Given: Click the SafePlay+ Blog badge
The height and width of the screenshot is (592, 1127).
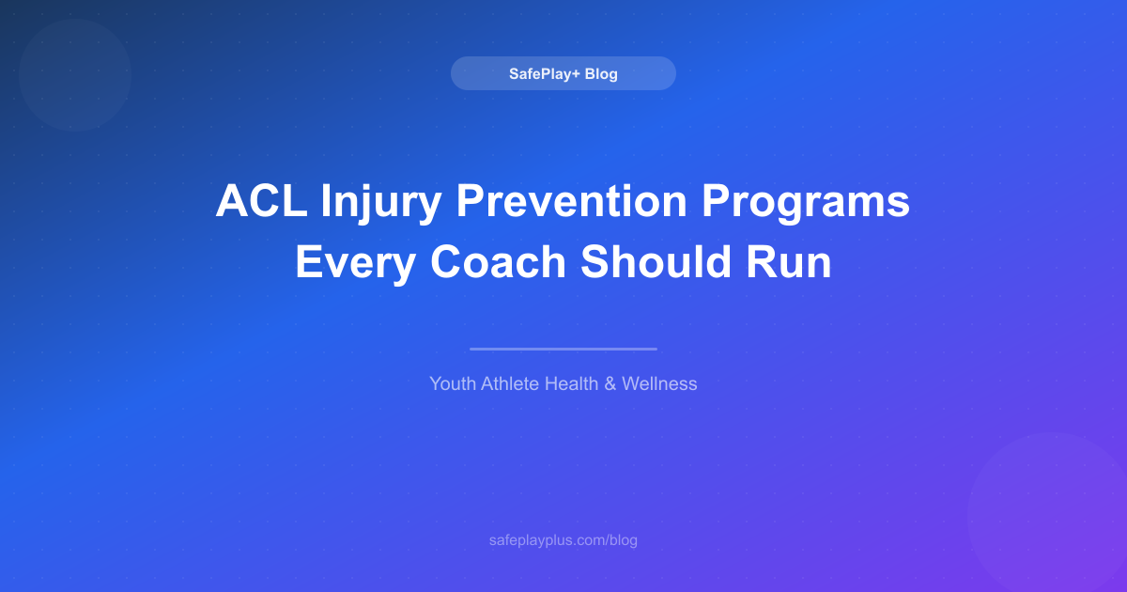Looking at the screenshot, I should pos(563,73).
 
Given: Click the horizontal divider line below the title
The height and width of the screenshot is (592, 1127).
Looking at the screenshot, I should pos(563,349).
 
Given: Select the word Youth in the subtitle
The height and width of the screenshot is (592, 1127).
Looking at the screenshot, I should pos(454,383).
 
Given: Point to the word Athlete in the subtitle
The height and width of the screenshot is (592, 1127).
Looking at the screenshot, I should pos(512,383).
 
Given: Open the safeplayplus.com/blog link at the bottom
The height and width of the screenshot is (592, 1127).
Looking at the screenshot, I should pos(563,540).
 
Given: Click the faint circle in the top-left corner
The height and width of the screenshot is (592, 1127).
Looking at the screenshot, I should pos(75,75).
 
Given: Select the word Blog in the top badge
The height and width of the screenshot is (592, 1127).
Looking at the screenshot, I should pos(601,73).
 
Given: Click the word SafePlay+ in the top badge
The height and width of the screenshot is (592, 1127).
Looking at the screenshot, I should pos(544,73).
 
